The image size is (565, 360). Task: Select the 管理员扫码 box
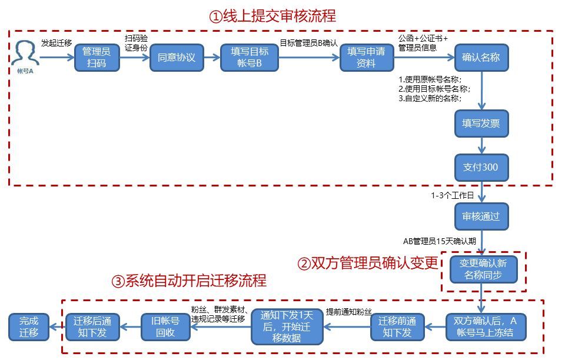(x=97, y=58)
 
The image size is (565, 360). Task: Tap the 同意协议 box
(x=177, y=58)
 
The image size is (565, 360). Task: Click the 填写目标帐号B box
(x=250, y=58)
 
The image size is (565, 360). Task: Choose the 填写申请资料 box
(x=366, y=58)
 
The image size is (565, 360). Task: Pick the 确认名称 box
(x=481, y=58)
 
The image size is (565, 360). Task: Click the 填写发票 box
(x=481, y=123)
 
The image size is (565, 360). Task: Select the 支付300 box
(x=481, y=167)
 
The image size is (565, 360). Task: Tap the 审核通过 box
(x=481, y=216)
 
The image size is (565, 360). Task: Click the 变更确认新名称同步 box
(x=483, y=269)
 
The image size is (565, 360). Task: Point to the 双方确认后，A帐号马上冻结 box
(x=485, y=327)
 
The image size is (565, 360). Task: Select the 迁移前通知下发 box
(x=397, y=327)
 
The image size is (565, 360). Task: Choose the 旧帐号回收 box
(x=166, y=327)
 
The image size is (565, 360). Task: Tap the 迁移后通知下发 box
(x=92, y=327)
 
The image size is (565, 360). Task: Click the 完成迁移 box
(x=28, y=327)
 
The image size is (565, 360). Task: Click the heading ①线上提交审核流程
(x=272, y=16)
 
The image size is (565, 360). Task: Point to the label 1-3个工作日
(x=452, y=196)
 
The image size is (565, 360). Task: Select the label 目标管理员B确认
(x=308, y=42)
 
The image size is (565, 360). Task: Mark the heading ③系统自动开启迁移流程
(x=188, y=281)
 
